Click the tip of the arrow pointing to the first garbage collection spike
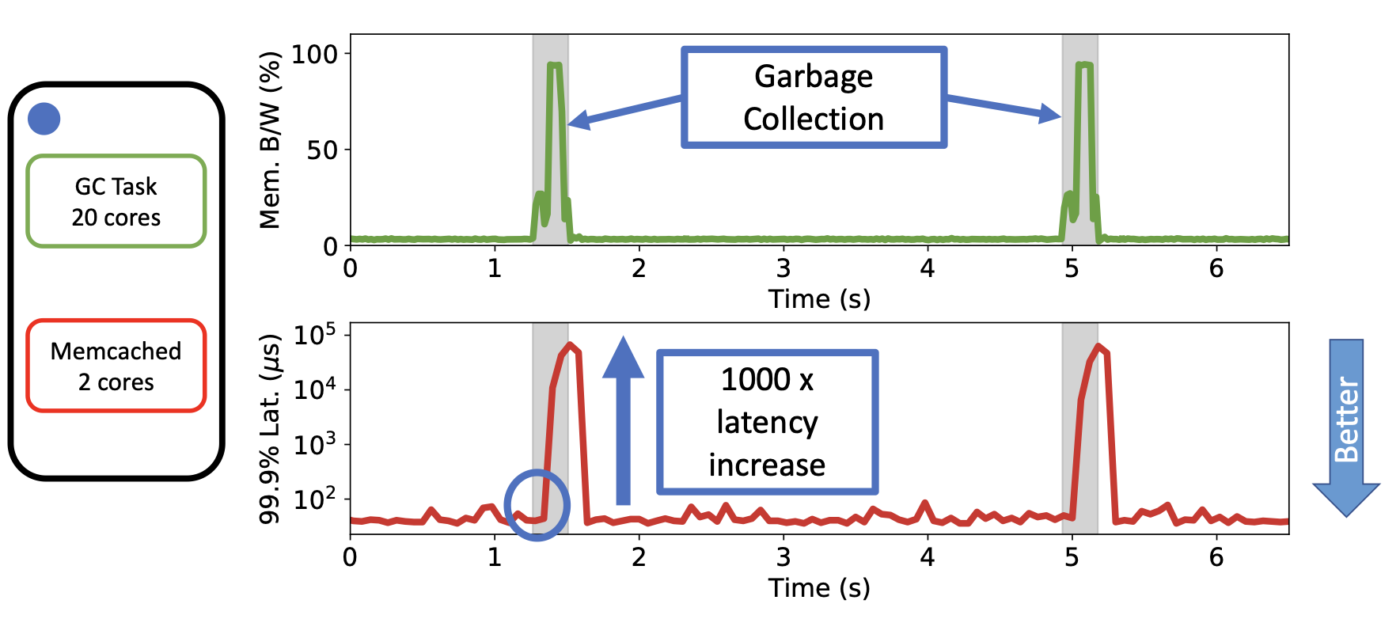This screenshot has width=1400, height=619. point(567,123)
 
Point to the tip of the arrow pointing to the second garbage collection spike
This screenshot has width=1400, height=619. point(1061,116)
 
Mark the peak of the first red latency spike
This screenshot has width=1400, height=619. point(570,344)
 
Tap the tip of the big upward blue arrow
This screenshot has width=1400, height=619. point(624,336)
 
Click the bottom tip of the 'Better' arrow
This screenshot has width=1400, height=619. point(1346,516)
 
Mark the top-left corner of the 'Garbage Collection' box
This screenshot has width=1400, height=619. point(682,48)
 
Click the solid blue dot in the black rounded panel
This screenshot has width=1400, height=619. point(44,119)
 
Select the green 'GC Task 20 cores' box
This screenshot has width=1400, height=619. point(116,201)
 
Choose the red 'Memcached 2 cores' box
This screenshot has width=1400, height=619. point(116,366)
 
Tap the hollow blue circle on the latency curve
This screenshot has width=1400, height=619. point(537,505)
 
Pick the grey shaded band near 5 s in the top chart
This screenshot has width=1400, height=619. point(1079,139)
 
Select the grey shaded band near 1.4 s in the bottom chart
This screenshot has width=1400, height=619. point(550,428)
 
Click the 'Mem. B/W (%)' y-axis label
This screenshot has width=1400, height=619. point(270,140)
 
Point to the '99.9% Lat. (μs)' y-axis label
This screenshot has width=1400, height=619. point(270,429)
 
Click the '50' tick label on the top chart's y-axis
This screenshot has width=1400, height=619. point(322,150)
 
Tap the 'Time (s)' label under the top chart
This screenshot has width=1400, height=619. point(819,299)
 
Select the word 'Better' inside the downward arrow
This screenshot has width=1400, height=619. point(1346,419)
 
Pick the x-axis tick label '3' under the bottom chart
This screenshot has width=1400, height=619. point(783,557)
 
